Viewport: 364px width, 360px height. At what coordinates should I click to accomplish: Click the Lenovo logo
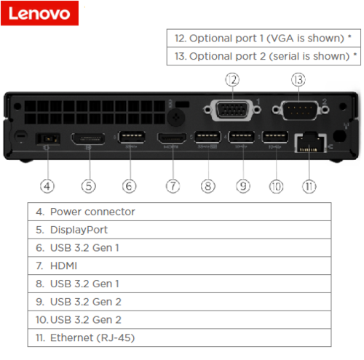pyautogui.click(x=39, y=13)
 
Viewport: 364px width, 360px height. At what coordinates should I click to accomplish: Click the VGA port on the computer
pyautogui.click(x=232, y=110)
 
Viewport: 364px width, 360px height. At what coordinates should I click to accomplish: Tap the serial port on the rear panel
pyautogui.click(x=301, y=110)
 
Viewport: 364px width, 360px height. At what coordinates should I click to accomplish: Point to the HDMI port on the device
pyautogui.click(x=172, y=138)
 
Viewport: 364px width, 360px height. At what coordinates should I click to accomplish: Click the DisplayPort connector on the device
pyautogui.click(x=88, y=139)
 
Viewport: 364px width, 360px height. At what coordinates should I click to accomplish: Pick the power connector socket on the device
pyautogui.click(x=48, y=139)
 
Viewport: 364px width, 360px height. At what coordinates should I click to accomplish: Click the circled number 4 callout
pyautogui.click(x=47, y=186)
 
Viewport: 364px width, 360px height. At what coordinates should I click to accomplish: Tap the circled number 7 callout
pyautogui.click(x=173, y=186)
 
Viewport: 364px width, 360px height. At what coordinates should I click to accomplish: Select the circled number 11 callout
pyautogui.click(x=309, y=186)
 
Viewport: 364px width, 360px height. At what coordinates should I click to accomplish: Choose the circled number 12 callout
pyautogui.click(x=232, y=80)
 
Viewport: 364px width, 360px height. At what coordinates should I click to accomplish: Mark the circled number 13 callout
pyautogui.click(x=298, y=80)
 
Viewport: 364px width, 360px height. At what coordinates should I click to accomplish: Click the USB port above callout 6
pyautogui.click(x=132, y=137)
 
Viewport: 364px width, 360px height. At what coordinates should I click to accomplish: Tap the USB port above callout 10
pyautogui.click(x=275, y=137)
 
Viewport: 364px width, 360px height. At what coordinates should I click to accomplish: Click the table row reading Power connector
pyautogui.click(x=180, y=212)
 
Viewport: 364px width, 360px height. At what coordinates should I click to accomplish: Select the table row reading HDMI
pyautogui.click(x=180, y=265)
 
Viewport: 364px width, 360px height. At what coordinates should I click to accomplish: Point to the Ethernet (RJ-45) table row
pyautogui.click(x=180, y=337)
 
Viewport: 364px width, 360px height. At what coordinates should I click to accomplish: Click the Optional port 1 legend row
pyautogui.click(x=264, y=38)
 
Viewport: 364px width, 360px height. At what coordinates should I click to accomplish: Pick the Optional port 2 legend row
pyautogui.click(x=264, y=56)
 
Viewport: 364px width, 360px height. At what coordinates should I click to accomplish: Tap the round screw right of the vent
pyautogui.click(x=176, y=118)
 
